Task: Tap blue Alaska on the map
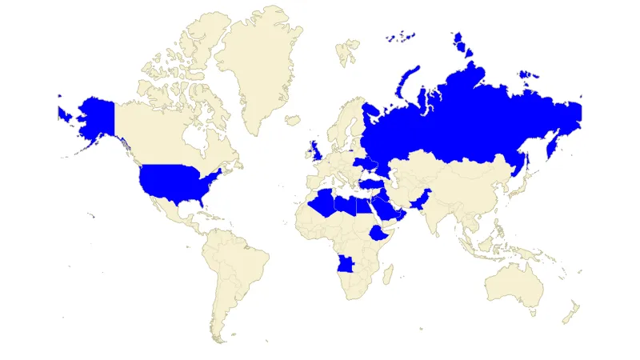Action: (x=92, y=116)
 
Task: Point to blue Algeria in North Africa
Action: (x=324, y=204)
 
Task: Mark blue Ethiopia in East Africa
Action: (x=378, y=234)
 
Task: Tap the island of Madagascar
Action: (x=387, y=274)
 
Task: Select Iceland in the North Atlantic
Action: (x=292, y=121)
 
